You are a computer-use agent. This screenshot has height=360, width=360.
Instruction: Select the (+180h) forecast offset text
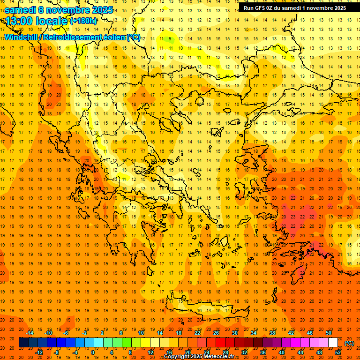(83, 21)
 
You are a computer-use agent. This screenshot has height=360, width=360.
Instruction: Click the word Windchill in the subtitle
(21, 37)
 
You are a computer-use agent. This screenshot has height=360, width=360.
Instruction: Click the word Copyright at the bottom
(177, 357)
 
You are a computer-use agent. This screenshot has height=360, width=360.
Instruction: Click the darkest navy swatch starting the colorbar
(23, 343)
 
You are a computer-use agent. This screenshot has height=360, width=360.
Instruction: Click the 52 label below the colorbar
(338, 352)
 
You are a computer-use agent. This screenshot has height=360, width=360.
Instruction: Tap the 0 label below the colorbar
(93, 352)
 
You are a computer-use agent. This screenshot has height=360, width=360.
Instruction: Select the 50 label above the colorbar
(328, 333)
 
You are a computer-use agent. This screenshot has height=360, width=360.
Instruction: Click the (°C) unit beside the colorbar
(349, 343)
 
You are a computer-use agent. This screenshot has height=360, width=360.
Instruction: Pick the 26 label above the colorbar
(216, 333)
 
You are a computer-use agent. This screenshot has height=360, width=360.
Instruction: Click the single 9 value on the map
(170, 39)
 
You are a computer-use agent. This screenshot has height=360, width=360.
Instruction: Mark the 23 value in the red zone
(292, 217)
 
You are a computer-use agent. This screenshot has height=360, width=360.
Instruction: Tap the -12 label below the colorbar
(39, 352)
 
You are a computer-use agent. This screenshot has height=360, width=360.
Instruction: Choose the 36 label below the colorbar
(262, 352)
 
